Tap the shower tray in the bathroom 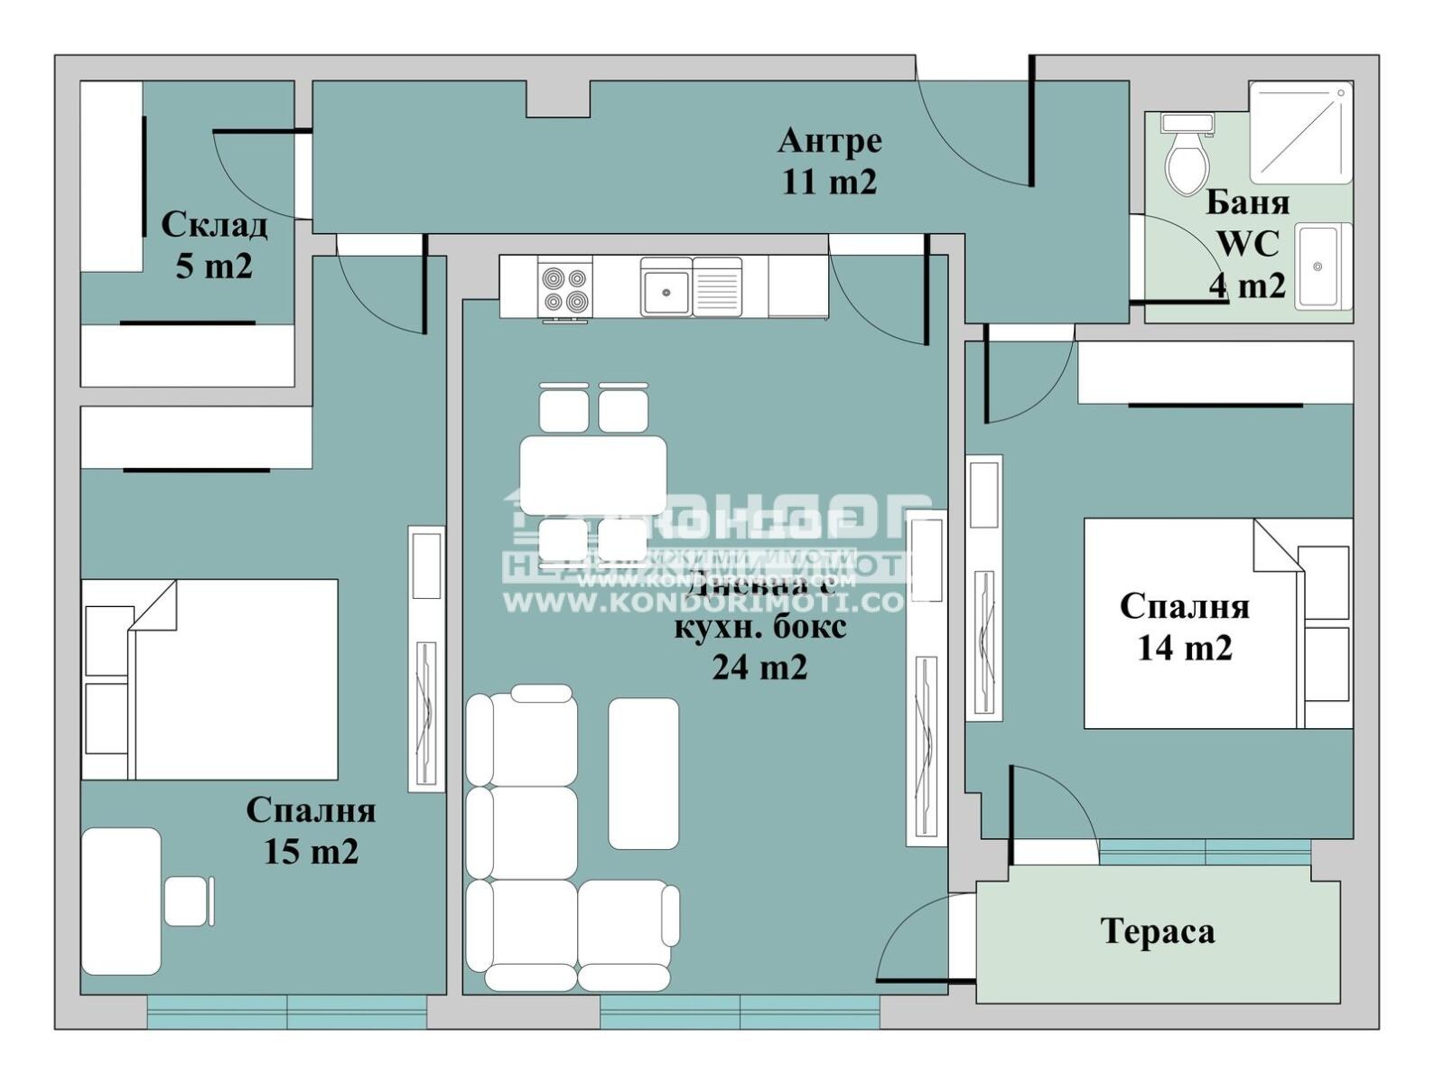click(1300, 132)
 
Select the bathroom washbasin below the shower click(1321, 266)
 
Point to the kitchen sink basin click(666, 290)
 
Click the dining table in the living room click(593, 475)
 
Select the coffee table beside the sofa click(643, 773)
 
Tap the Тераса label click(1158, 930)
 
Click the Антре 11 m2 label click(829, 161)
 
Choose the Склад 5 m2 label click(214, 245)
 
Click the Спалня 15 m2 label click(311, 830)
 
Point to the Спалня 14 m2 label click(1184, 627)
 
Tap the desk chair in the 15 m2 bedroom click(188, 902)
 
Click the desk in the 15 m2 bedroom click(121, 902)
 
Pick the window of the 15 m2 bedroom click(286, 1012)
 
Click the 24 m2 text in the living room click(759, 668)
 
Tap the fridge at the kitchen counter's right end click(797, 285)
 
